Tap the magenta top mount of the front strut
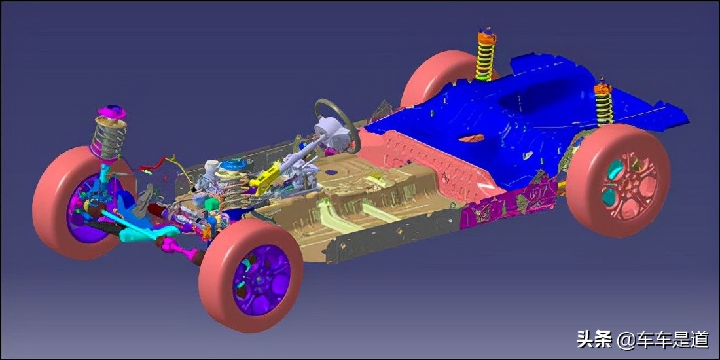(111, 112)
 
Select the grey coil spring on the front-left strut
(109, 136)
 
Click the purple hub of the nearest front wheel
(261, 279)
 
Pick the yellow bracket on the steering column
(266, 176)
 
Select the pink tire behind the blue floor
(436, 76)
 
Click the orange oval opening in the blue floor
(471, 137)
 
